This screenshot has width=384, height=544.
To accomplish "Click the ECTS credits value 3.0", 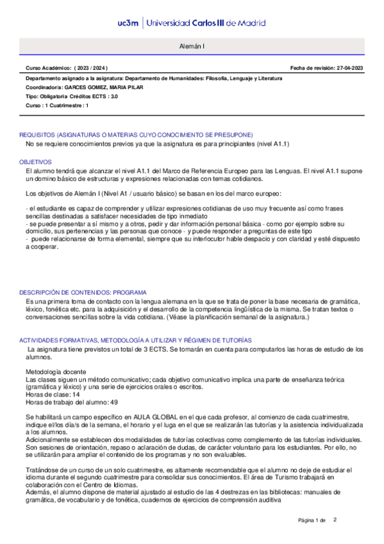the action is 113,96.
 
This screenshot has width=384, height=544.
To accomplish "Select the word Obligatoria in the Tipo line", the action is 55,96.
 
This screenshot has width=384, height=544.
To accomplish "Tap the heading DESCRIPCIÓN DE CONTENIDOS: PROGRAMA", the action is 83,291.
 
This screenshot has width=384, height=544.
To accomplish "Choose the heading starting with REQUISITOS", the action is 136,135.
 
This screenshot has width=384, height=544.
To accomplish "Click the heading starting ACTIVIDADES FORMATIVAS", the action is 135,339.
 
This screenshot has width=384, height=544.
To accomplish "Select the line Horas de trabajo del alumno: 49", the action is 71,402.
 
